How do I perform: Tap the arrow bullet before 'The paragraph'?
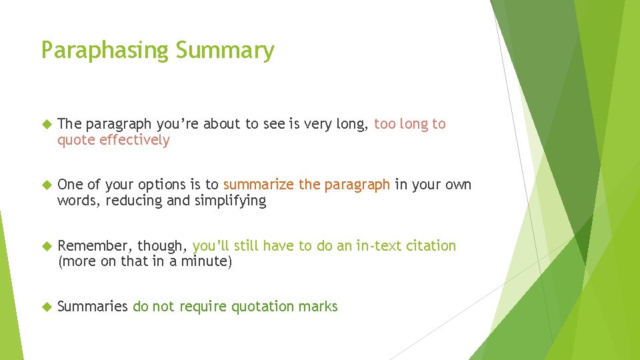tap(46, 124)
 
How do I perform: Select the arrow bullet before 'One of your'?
tap(46, 185)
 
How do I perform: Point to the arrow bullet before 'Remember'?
tap(46, 246)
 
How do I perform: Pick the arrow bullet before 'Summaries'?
tap(46, 307)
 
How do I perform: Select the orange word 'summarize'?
tap(259, 185)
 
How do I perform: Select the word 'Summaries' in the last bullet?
tap(93, 307)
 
